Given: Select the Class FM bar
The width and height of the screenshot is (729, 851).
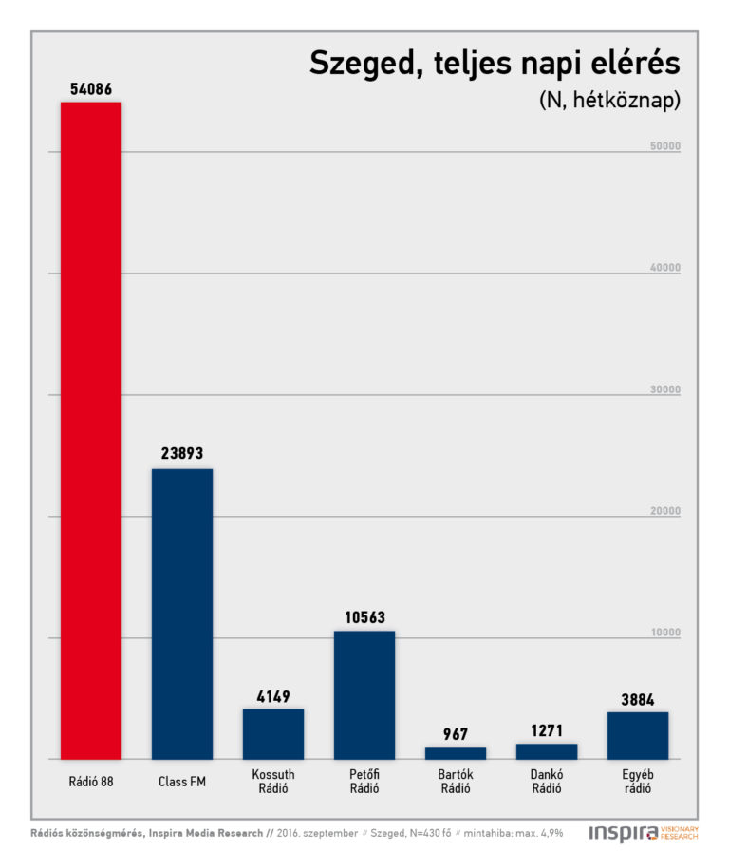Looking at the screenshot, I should tap(182, 614).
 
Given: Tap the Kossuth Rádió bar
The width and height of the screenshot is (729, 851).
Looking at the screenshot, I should tap(273, 733).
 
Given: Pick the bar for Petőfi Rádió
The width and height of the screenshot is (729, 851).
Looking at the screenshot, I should tap(364, 694).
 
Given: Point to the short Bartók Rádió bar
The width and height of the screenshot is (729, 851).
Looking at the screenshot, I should tap(456, 753).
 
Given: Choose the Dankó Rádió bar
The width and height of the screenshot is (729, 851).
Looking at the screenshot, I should tap(547, 751).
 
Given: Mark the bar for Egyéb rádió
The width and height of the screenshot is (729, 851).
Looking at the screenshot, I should tap(638, 735).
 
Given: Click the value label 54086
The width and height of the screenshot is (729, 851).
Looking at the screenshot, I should tap(91, 89).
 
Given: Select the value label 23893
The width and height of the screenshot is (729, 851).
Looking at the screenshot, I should tap(182, 454).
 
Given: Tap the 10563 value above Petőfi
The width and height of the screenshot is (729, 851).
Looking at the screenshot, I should tap(364, 616).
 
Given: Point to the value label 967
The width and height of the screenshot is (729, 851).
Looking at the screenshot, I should tap(456, 734).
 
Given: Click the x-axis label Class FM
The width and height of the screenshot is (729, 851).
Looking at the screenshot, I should tap(182, 783).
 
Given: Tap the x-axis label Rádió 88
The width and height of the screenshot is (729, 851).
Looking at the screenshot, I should tap(91, 783).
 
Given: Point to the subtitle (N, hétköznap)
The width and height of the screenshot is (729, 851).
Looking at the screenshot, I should tap(609, 101).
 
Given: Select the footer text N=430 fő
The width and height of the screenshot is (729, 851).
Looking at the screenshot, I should tap(427, 833).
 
